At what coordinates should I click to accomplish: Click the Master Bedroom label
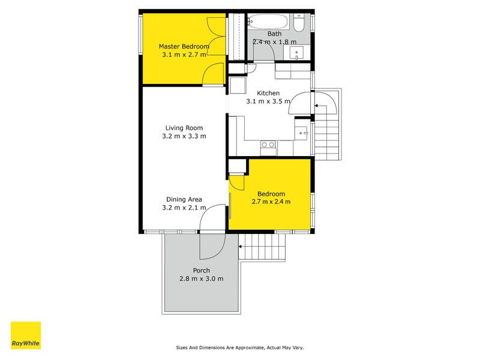[184, 46]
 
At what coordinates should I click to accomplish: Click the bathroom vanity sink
[298, 53]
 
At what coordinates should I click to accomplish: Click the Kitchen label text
[268, 93]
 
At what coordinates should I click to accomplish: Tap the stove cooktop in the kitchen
[268, 145]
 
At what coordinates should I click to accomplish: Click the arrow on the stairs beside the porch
[242, 246]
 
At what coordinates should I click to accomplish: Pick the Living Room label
[184, 128]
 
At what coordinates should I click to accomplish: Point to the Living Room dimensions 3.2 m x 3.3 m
[184, 136]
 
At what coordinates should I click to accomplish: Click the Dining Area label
[184, 199]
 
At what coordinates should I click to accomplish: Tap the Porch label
[202, 270]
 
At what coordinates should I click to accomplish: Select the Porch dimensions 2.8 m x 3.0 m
[202, 278]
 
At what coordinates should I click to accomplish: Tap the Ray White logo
[26, 335]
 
